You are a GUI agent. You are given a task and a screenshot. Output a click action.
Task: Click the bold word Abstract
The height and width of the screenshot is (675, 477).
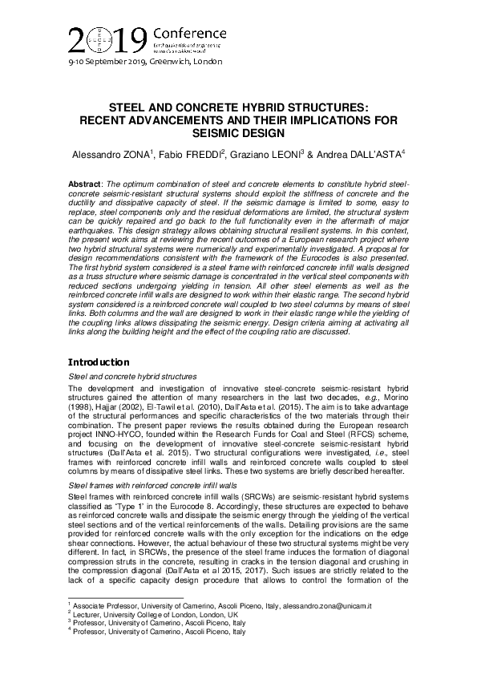coord(86,184)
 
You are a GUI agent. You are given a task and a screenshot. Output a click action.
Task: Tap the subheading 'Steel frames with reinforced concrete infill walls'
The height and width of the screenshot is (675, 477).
coord(142,486)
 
